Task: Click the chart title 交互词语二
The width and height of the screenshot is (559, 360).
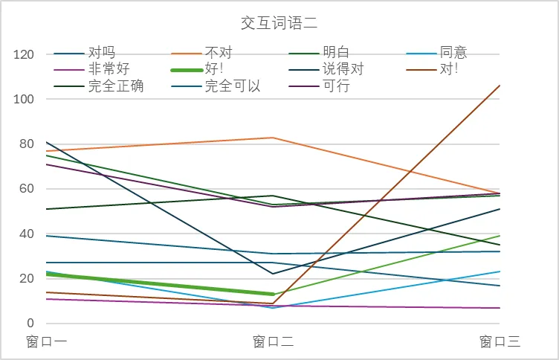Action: [279, 23]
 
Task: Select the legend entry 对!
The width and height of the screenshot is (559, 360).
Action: [448, 69]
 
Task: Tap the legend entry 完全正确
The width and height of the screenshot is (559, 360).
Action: [115, 86]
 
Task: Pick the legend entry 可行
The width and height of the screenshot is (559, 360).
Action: [336, 86]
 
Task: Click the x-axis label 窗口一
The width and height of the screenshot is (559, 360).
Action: [46, 341]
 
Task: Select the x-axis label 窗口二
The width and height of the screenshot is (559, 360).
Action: [273, 341]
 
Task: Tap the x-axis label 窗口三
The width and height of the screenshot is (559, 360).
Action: [500, 341]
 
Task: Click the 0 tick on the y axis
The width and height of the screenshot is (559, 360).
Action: [31, 324]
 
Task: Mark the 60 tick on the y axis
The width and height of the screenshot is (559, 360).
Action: [28, 189]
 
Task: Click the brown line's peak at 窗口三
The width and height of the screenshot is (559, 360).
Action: [500, 86]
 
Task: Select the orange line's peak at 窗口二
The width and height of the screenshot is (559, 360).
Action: [273, 138]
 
